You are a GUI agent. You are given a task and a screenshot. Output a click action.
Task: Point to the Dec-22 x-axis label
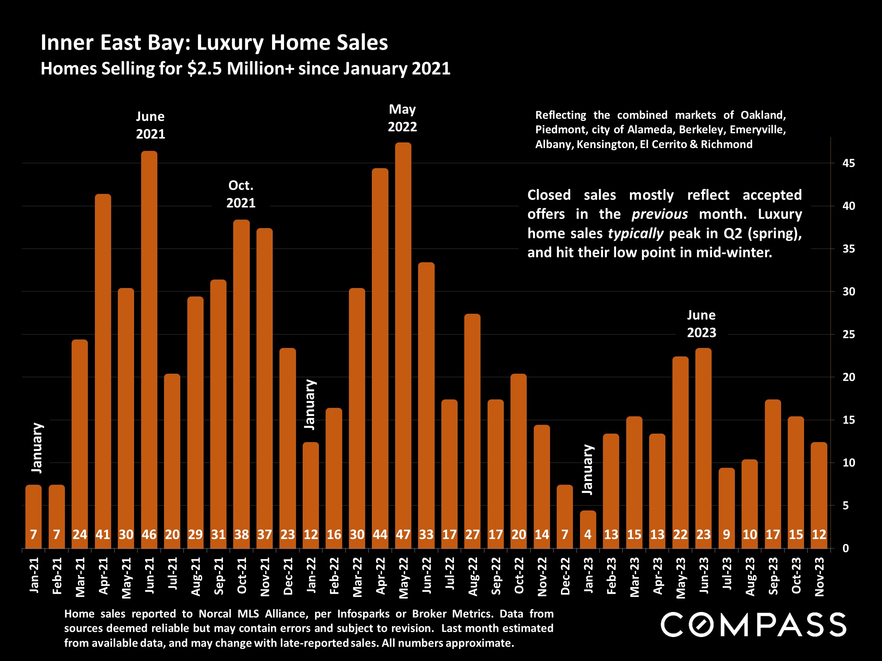565,576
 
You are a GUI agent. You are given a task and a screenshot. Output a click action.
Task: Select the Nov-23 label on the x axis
819,576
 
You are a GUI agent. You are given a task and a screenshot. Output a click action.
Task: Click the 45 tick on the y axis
848,163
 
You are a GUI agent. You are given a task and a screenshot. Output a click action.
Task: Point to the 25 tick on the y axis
848,334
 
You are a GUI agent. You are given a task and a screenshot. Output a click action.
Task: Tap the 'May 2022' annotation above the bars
402,118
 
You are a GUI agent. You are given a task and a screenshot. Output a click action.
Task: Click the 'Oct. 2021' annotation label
241,194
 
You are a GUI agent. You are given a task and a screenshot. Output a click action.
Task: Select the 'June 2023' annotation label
701,324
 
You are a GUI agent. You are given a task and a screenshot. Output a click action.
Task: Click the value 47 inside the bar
403,534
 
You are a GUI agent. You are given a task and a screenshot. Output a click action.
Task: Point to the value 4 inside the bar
588,534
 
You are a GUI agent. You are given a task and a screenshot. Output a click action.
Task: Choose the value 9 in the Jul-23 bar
726,534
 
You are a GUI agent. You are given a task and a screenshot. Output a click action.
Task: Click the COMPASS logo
753,624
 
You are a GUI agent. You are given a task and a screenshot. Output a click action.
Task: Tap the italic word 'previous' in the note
659,214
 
